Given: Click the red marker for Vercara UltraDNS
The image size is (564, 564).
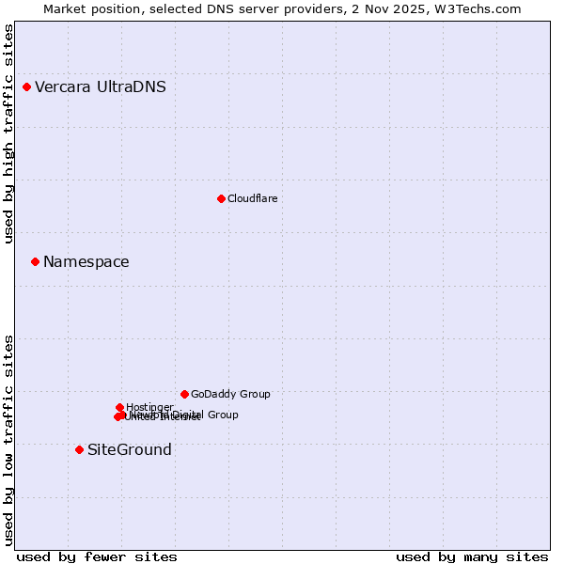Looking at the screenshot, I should click(x=26, y=87).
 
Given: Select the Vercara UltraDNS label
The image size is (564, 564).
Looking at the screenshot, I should click(x=101, y=87).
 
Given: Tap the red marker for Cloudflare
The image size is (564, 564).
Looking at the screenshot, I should click(x=221, y=198).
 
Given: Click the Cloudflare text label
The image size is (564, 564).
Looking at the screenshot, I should click(x=252, y=198).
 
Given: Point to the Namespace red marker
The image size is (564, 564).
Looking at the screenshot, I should click(x=35, y=261).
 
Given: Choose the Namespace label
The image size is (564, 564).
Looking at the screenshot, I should click(x=86, y=262).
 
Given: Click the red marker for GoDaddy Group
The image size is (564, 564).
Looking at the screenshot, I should click(x=184, y=394).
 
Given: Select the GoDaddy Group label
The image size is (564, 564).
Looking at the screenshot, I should click(x=230, y=395).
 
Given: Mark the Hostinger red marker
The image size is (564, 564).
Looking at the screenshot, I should click(x=119, y=407).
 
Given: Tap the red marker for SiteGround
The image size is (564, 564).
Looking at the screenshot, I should click(x=79, y=449).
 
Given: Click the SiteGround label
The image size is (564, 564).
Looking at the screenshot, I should click(x=130, y=450).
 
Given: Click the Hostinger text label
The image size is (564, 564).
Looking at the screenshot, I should click(x=149, y=407).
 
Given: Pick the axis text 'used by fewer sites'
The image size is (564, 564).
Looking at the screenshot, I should click(x=97, y=557).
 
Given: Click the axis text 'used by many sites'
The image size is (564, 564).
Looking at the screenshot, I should click(x=472, y=557).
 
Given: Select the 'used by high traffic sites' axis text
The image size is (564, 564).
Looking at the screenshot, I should click(x=9, y=133).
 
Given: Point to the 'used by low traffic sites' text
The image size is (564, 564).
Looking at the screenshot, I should click(x=9, y=439).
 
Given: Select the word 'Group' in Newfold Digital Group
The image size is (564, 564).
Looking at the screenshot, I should click(x=222, y=415).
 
